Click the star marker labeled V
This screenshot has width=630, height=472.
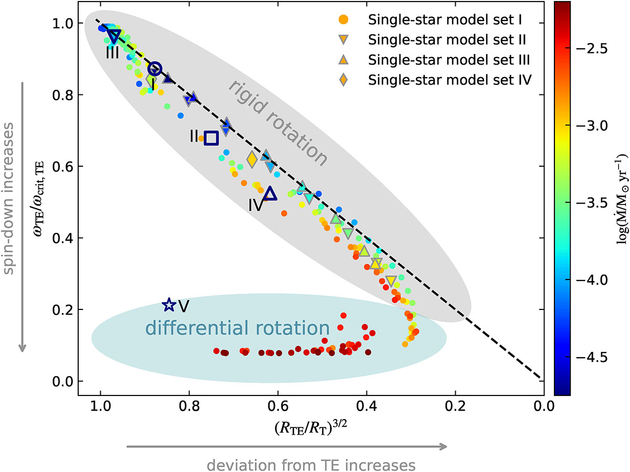pyautogui.click(x=169, y=304)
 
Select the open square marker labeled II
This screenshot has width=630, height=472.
pyautogui.click(x=211, y=138)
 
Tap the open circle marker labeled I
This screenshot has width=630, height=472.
pyautogui.click(x=154, y=69)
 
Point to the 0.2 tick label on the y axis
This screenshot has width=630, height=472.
pyautogui.click(x=61, y=310)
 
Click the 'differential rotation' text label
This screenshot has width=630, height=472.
pyautogui.click(x=237, y=329)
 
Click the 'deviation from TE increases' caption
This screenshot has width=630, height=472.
pyautogui.click(x=311, y=465)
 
